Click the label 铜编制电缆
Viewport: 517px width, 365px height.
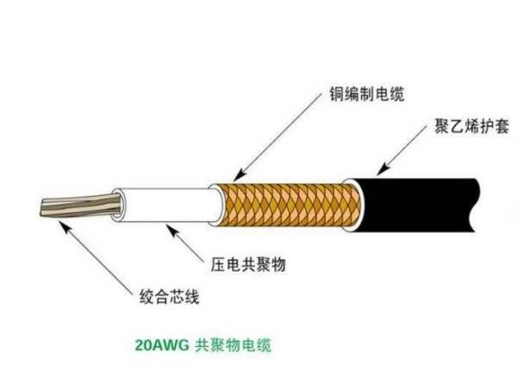[367, 95]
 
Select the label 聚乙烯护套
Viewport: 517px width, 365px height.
[472, 127]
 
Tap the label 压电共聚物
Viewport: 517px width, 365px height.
[248, 264]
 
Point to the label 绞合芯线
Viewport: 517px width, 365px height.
[170, 296]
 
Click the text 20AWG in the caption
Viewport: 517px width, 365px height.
[162, 345]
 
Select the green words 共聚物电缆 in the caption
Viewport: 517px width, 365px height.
[234, 345]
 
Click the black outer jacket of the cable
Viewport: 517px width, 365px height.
[415, 205]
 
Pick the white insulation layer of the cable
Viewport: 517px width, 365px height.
[168, 205]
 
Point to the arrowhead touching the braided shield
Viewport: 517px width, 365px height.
[240, 175]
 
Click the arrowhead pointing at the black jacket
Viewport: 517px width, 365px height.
[383, 169]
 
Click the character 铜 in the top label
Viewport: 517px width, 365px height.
[337, 95]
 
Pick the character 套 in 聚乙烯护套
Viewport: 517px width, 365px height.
[501, 127]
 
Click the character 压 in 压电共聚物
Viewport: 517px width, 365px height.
[219, 264]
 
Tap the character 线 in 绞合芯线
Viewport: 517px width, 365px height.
[192, 296]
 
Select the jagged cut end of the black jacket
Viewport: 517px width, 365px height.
[474, 205]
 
